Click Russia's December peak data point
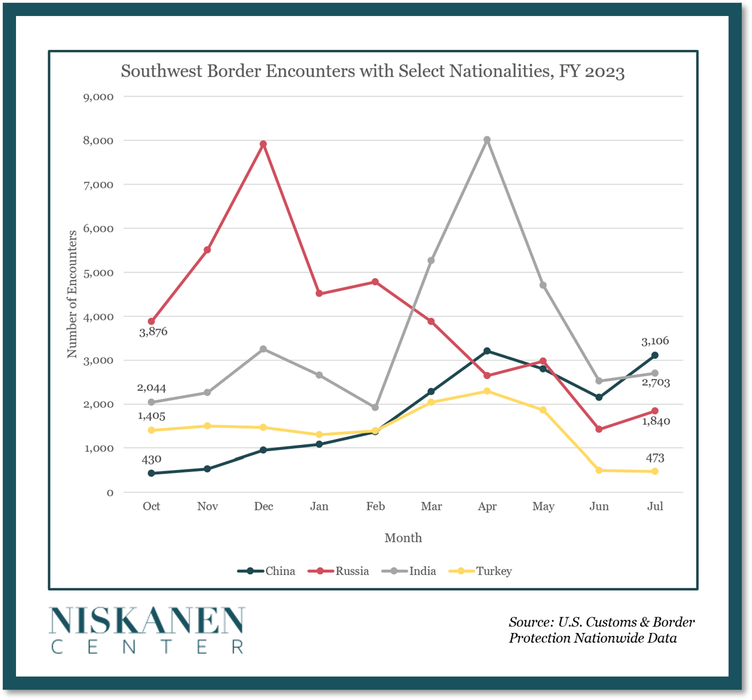click(x=263, y=144)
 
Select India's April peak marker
click(x=487, y=140)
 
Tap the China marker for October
click(x=151, y=473)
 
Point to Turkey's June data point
click(x=599, y=470)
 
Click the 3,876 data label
click(x=153, y=331)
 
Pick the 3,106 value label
click(x=655, y=341)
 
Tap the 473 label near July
click(x=655, y=458)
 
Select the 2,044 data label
click(x=151, y=388)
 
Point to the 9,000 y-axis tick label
click(x=99, y=97)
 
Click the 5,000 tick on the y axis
click(x=99, y=272)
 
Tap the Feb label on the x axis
click(x=375, y=506)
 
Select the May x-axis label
click(x=543, y=506)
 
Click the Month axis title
click(x=403, y=538)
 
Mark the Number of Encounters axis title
click(x=72, y=294)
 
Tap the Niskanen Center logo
click(x=147, y=629)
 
